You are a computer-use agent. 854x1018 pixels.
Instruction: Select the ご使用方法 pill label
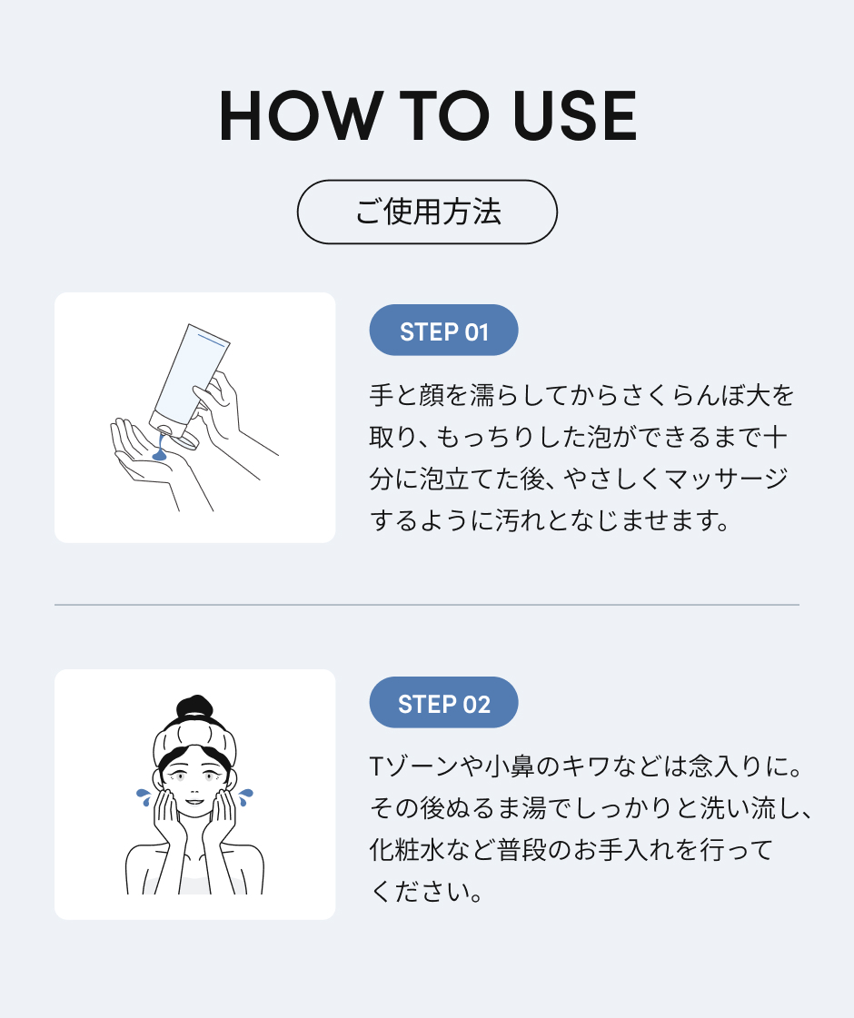(427, 212)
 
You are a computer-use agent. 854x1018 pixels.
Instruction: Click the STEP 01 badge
(443, 331)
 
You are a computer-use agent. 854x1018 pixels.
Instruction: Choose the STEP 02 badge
(443, 703)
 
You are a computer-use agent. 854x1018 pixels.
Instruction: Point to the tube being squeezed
(192, 372)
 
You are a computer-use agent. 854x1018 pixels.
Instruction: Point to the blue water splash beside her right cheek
(143, 796)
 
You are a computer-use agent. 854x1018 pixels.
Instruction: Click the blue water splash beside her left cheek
(245, 796)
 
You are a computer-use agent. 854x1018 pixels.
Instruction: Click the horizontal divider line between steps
(427, 604)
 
